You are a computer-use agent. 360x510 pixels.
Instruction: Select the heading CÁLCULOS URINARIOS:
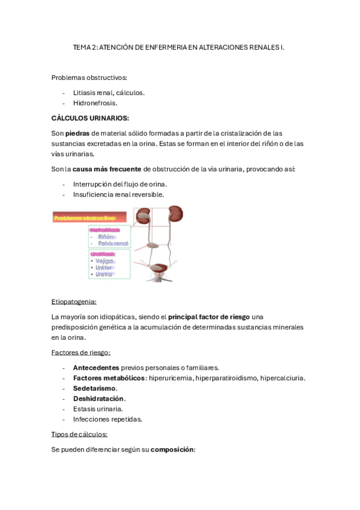click(x=90, y=118)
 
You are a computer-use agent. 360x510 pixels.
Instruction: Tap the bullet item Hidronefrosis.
click(x=95, y=103)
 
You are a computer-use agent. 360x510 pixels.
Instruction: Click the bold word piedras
click(x=78, y=133)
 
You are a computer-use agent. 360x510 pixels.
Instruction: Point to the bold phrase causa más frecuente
click(x=107, y=169)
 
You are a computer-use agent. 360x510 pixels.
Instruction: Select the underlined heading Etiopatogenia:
click(x=74, y=301)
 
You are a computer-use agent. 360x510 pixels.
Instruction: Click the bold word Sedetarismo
click(x=94, y=388)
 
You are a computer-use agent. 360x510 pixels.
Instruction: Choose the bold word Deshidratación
click(x=99, y=398)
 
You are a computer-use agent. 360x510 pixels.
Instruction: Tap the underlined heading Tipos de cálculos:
click(x=79, y=434)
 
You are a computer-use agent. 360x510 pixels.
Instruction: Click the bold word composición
click(x=172, y=449)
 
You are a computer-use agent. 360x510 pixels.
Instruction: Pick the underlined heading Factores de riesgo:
click(x=81, y=352)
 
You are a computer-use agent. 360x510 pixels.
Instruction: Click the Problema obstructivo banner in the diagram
click(x=90, y=218)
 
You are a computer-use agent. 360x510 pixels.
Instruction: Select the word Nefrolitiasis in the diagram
click(x=105, y=230)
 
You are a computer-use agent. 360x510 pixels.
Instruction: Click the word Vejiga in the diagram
click(x=104, y=261)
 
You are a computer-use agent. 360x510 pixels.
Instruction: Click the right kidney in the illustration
click(x=175, y=215)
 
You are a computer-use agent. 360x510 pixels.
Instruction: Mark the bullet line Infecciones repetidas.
click(x=107, y=419)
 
